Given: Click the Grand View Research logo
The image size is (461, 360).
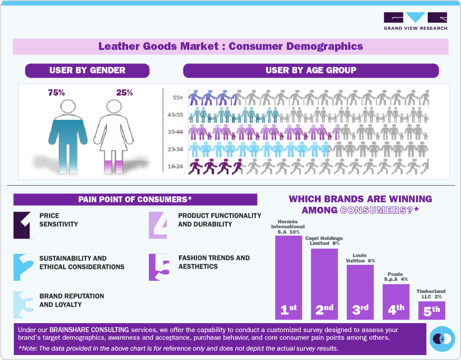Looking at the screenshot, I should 415,21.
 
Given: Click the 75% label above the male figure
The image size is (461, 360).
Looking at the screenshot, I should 56,93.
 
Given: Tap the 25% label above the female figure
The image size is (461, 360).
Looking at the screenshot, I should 124,93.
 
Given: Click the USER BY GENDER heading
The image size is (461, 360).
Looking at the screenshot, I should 87,71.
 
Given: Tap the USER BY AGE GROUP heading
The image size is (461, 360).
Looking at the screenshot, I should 311,71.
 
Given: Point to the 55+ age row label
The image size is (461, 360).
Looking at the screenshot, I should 177,98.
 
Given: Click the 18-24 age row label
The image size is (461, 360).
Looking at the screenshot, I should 175,167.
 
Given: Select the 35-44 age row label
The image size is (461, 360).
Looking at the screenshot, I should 175,132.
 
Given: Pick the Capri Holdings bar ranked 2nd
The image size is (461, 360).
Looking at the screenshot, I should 324,283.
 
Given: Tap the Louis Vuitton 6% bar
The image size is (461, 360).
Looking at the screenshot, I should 360,292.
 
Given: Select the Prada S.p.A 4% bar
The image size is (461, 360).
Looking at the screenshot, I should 396,302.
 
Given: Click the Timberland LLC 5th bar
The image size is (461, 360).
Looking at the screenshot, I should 432,310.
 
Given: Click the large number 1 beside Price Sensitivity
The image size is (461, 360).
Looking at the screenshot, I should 23,224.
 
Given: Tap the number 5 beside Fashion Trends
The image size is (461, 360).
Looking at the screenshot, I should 159,267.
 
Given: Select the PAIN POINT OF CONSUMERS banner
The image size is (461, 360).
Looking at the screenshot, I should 135,200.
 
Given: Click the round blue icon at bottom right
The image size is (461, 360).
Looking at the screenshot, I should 442,339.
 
